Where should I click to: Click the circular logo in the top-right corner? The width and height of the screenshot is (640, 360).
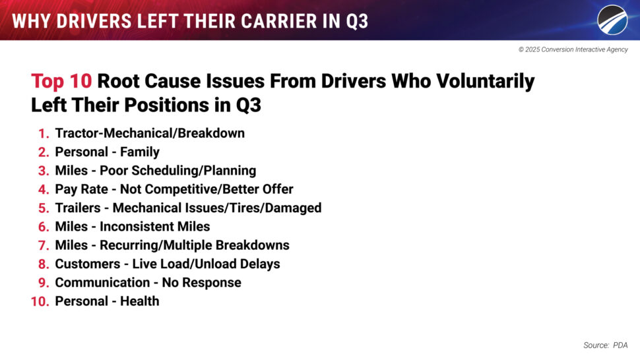point(612,20)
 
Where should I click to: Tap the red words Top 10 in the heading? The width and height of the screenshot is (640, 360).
point(61,80)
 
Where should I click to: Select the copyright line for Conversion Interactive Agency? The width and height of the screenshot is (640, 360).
point(573,49)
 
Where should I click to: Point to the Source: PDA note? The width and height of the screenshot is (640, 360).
point(605,345)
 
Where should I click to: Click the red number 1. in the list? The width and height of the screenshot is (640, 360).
point(44,133)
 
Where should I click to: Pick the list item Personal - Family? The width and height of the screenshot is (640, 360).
point(108,152)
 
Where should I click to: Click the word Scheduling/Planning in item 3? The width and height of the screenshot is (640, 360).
point(178,171)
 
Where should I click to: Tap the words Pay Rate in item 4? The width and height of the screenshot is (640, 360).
point(82,189)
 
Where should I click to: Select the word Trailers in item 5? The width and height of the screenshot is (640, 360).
point(78,208)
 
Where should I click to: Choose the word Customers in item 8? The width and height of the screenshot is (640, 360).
point(88,264)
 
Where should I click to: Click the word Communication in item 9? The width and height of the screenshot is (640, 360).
point(102,283)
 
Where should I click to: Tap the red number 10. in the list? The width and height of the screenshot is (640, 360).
point(40,302)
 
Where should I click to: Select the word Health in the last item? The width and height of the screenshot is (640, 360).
point(140,301)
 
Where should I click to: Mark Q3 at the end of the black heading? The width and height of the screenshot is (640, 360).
point(249,105)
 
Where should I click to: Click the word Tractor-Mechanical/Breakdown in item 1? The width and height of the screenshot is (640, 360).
point(150,133)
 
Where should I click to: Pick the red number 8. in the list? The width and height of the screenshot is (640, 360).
point(44,264)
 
